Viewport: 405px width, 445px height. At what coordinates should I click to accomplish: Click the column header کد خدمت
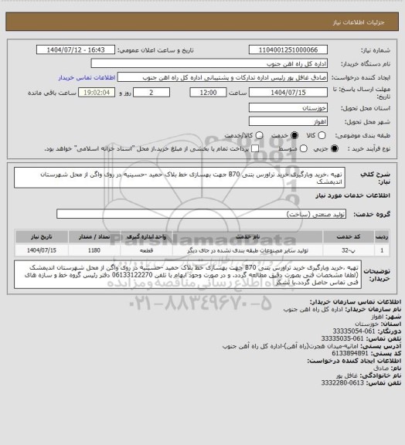click(x=350, y=239)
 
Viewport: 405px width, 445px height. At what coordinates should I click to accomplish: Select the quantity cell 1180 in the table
click(x=94, y=250)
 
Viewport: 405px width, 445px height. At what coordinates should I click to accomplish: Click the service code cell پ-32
click(x=351, y=250)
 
